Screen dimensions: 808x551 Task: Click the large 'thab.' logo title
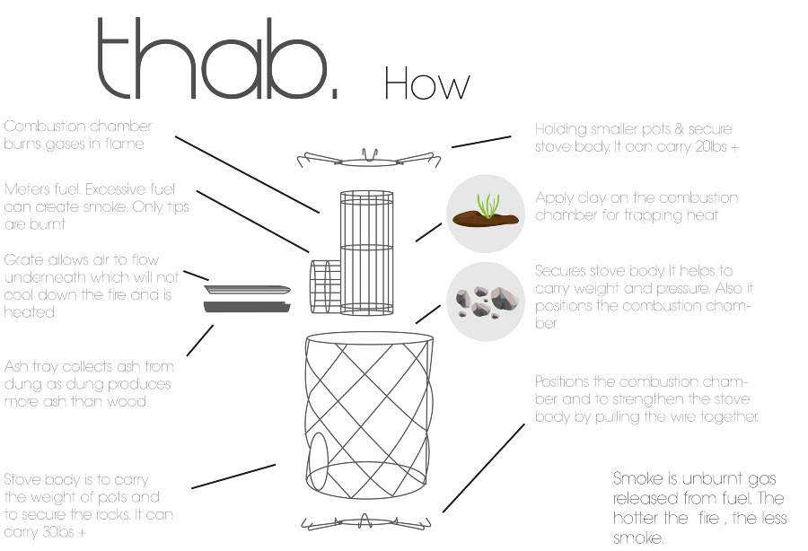point(217,57)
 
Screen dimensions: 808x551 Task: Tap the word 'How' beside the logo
point(427,83)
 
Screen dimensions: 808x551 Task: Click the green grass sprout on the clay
point(487,204)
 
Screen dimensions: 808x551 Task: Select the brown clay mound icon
point(486,218)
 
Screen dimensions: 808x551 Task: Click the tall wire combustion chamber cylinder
point(367,252)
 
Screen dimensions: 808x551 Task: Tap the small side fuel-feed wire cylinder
point(325,286)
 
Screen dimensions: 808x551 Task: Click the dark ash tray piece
point(247,307)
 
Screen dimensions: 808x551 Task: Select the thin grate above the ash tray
point(248,289)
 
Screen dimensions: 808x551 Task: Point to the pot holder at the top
point(369,159)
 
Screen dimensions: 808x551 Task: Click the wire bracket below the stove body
point(366,522)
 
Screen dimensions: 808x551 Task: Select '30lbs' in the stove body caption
point(57,532)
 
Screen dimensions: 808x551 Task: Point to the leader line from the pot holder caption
point(481,142)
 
